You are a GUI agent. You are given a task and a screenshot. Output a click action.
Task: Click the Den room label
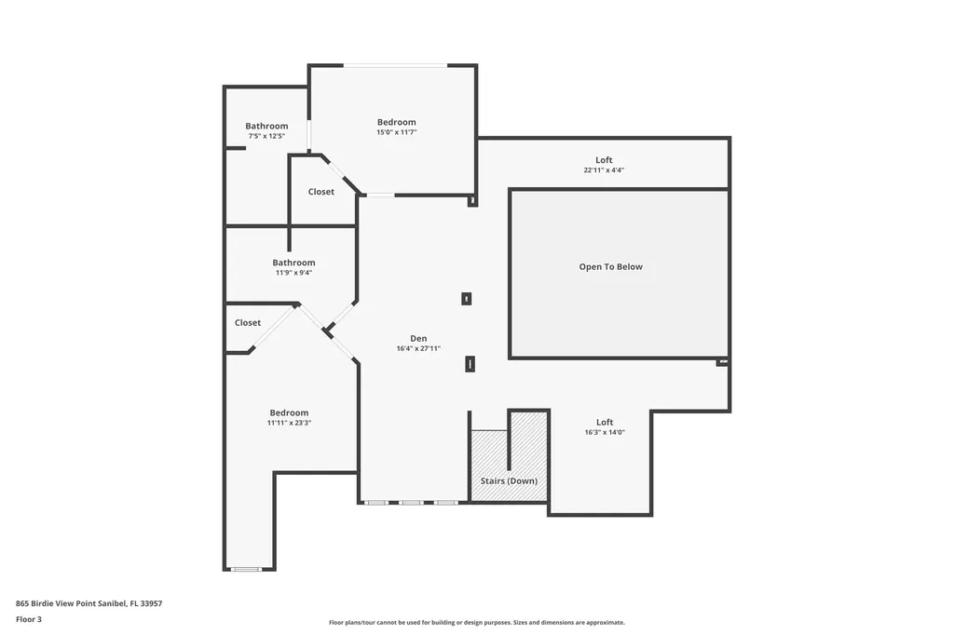pos(418,338)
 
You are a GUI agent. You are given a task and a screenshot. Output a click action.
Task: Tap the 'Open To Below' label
pos(610,267)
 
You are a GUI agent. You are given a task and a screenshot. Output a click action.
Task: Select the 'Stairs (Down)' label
pos(508,481)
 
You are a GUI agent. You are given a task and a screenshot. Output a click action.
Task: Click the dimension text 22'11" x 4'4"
pos(604,170)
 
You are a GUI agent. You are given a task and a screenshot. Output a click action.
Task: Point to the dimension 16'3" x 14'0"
pos(604,432)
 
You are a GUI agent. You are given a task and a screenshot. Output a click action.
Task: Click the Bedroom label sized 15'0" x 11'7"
pos(396,122)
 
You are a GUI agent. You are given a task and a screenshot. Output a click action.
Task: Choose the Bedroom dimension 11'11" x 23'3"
pos(289,423)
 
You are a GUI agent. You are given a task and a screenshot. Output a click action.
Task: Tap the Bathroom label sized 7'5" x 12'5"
pos(266,126)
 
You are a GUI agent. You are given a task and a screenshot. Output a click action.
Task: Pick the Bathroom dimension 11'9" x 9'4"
pos(293,273)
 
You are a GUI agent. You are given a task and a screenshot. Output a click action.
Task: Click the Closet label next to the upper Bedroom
pos(320,192)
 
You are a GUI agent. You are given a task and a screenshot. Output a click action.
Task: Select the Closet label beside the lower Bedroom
pos(248,323)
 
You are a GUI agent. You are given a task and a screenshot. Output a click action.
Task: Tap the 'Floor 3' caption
pos(29,618)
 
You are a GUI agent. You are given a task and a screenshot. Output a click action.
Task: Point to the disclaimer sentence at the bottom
pos(476,623)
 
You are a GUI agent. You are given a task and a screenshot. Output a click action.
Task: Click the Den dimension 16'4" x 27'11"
pos(418,348)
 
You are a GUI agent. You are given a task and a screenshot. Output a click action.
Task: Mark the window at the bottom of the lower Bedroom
pos(247,569)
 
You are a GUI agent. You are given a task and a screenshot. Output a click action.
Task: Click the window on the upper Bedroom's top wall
pos(396,65)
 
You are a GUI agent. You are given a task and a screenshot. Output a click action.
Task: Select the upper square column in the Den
pos(467,299)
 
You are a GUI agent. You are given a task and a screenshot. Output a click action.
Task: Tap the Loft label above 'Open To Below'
pos(604,160)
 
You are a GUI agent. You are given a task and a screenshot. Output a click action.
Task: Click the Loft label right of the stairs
pos(604,422)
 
